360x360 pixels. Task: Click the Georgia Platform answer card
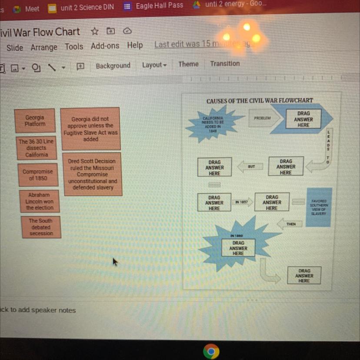[35, 120]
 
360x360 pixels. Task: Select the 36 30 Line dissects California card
[37, 148]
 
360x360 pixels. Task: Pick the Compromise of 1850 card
[38, 175]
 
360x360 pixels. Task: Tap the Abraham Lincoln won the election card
[39, 201]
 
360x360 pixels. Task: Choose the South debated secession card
[41, 227]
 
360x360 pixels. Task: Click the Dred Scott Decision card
[92, 174]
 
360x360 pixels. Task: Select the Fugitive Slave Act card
[90, 129]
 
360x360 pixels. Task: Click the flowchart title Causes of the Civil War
[260, 100]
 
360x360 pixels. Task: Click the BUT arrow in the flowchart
[251, 167]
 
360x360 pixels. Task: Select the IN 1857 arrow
[242, 202]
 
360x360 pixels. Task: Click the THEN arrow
[291, 224]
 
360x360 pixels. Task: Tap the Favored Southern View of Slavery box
[319, 207]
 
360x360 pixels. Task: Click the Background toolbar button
[113, 66]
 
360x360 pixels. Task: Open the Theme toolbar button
[188, 64]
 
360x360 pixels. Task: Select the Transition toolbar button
[225, 63]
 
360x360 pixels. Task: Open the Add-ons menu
[105, 46]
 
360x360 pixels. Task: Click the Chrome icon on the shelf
[211, 351]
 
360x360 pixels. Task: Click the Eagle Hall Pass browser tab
[159, 6]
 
